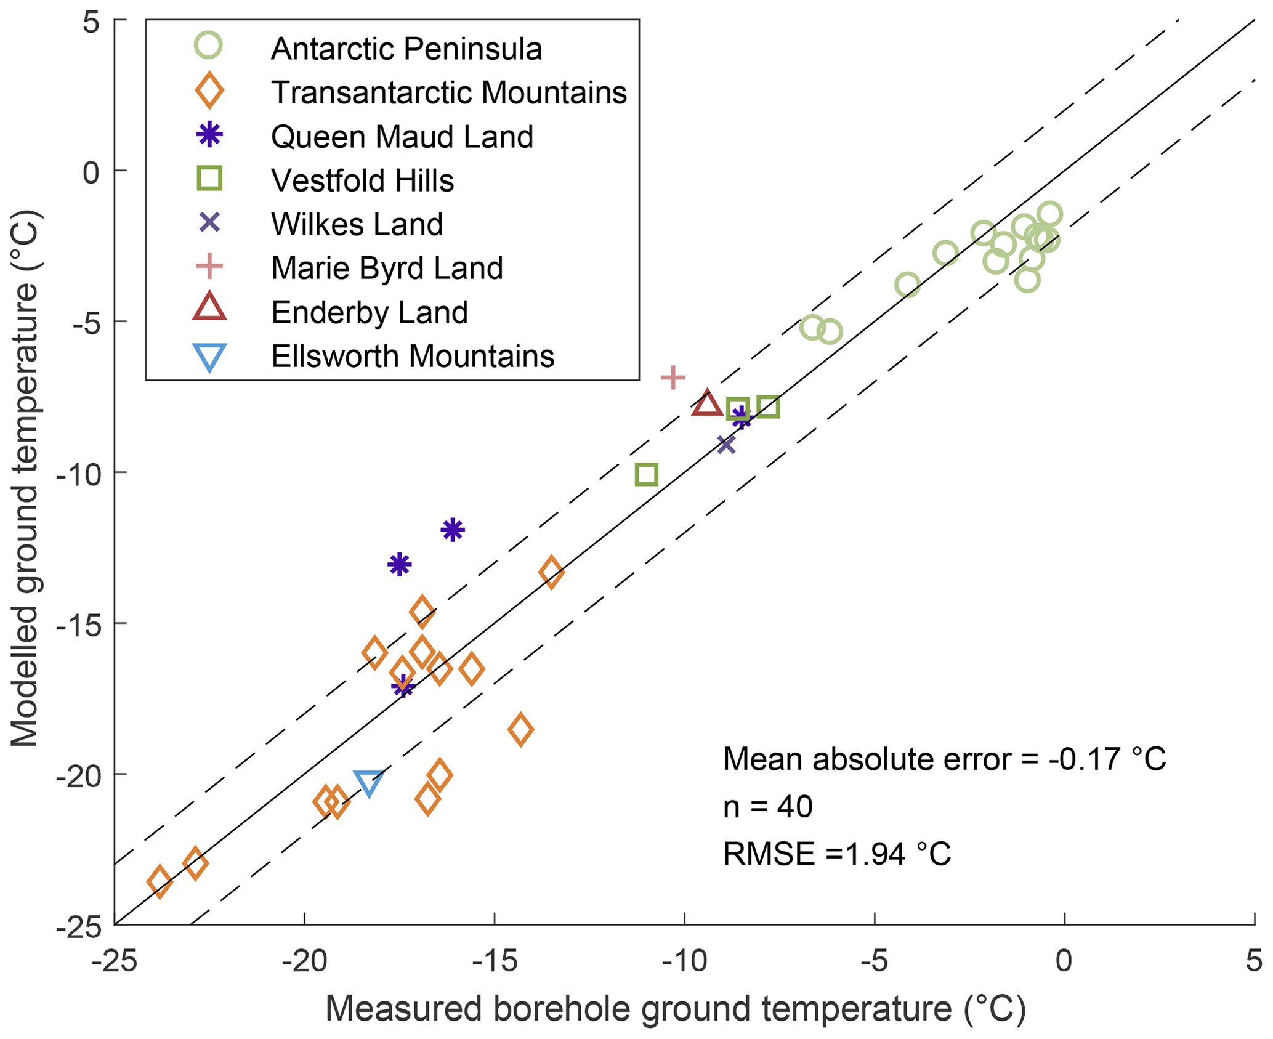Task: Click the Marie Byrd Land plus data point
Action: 673,378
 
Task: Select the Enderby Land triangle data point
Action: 706,404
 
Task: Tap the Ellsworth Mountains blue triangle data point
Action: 368,782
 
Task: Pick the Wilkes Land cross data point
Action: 727,444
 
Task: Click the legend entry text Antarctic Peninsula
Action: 406,49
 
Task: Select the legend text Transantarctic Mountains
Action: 449,92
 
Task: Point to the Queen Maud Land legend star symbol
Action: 209,135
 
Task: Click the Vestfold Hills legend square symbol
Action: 209,179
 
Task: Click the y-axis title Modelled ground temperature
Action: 26,478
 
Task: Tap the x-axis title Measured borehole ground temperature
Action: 675,1008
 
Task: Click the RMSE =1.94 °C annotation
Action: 836,854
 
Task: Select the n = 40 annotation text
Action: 767,806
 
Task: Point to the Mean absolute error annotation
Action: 944,759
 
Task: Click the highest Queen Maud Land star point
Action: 453,530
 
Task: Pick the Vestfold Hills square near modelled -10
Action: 647,474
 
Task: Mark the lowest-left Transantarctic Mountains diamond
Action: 160,882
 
